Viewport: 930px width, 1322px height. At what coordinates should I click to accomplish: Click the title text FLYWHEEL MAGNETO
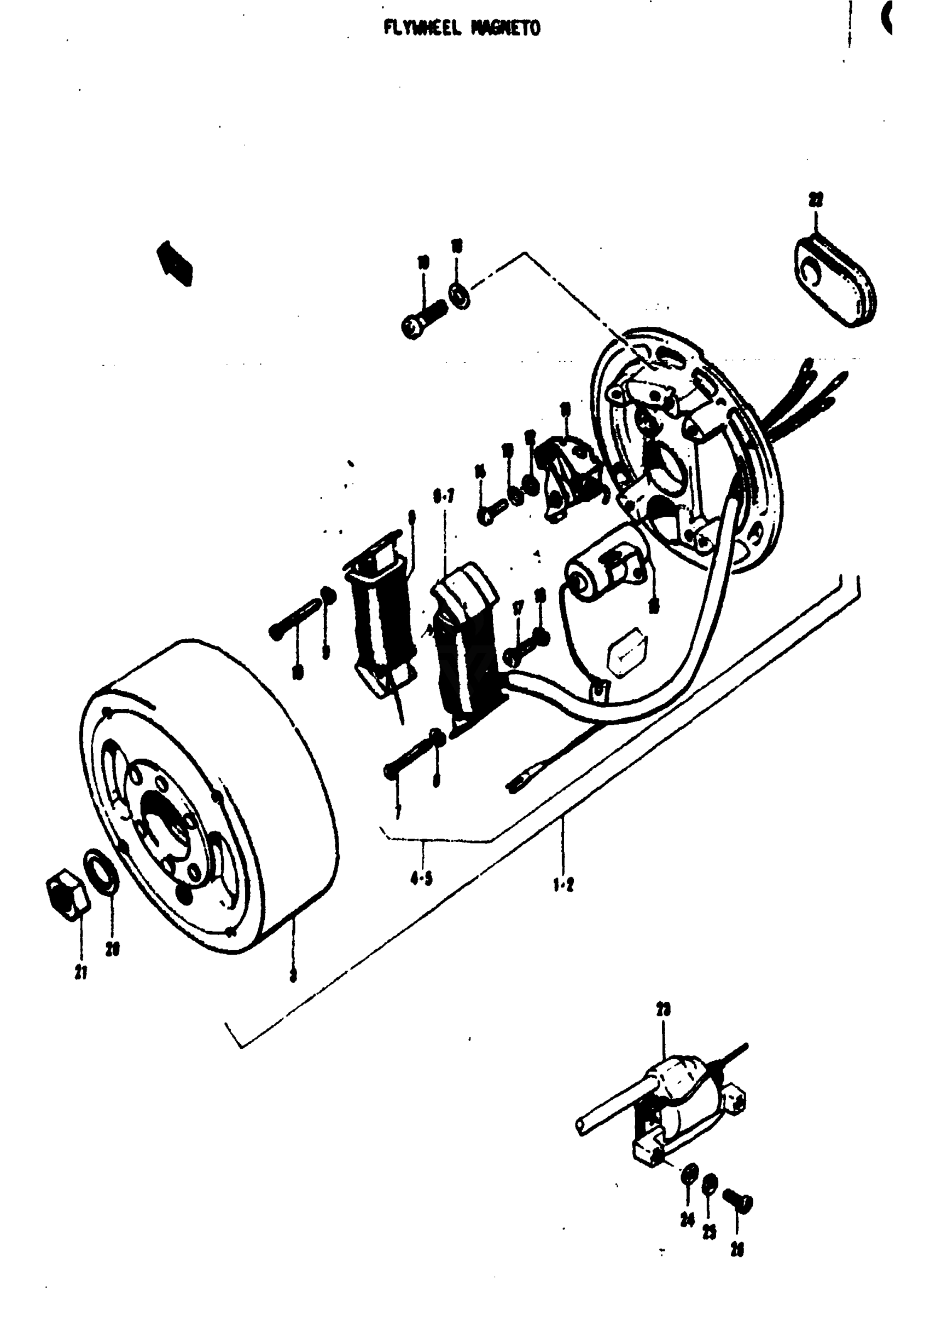(462, 27)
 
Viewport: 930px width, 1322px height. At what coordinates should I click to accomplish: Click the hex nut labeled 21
(67, 900)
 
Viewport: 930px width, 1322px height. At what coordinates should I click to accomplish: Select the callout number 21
(81, 973)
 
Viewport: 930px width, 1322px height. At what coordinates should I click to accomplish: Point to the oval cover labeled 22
(835, 282)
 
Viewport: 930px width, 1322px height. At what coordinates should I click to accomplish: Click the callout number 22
(816, 200)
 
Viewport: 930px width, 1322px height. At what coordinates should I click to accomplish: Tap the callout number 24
(687, 1220)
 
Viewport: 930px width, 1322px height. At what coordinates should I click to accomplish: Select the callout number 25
(709, 1231)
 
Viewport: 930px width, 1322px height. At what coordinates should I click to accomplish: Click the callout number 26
(737, 1248)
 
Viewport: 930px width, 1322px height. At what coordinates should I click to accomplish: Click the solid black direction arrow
(175, 262)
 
